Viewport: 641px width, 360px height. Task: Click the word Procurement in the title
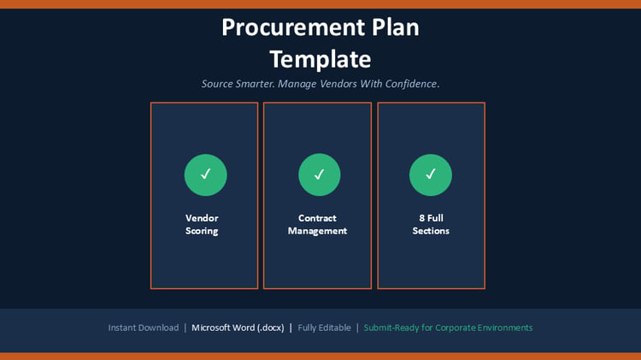[293, 28]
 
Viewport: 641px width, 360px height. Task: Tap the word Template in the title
[320, 60]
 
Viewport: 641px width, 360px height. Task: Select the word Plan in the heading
[396, 28]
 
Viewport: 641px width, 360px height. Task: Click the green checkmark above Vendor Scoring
[206, 174]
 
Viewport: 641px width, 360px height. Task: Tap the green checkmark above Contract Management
[320, 174]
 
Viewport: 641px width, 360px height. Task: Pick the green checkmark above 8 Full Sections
[431, 174]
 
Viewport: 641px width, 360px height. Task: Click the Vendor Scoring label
[202, 225]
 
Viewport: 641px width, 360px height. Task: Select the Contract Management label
[317, 225]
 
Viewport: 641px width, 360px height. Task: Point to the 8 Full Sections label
[431, 225]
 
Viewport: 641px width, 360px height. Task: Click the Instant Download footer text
[144, 328]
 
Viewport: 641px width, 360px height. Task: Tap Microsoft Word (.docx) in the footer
[238, 328]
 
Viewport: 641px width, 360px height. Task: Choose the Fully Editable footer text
[324, 328]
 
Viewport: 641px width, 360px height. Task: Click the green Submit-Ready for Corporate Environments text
[448, 328]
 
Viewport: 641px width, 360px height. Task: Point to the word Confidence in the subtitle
[411, 84]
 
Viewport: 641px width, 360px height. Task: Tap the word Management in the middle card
[317, 231]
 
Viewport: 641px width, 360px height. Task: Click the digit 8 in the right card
[422, 218]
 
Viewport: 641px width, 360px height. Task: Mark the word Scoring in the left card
[202, 231]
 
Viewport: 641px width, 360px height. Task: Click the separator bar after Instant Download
[185, 328]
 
